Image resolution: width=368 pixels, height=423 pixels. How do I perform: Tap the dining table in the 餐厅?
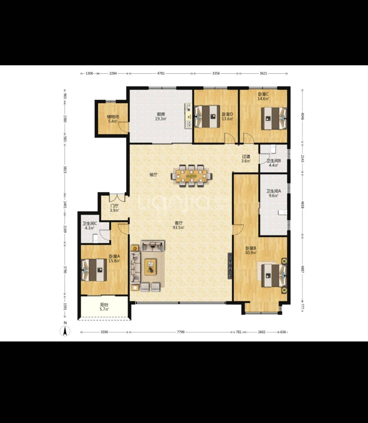(191, 176)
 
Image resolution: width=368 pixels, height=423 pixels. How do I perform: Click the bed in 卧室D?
(207, 116)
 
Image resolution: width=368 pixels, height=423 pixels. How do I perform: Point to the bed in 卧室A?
(94, 270)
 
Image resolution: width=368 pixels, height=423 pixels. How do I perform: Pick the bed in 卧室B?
(274, 276)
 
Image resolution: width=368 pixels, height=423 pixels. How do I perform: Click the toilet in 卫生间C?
(96, 238)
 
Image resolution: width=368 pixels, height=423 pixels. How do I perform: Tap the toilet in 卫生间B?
(273, 149)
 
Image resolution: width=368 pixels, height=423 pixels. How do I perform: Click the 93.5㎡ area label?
(178, 228)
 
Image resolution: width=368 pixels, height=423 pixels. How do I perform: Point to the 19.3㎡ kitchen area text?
(161, 119)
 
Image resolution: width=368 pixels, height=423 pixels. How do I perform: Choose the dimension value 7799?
(181, 332)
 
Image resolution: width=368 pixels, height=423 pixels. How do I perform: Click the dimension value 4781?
(161, 73)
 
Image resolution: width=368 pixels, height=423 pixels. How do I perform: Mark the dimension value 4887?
(303, 269)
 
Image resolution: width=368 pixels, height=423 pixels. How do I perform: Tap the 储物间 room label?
(113, 117)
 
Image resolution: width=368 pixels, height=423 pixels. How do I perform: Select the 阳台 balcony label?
(104, 305)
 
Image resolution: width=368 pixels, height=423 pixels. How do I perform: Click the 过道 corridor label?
(246, 157)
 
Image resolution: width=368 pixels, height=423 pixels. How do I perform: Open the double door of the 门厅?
(117, 198)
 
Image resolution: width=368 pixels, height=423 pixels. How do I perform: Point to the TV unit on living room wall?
(230, 266)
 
